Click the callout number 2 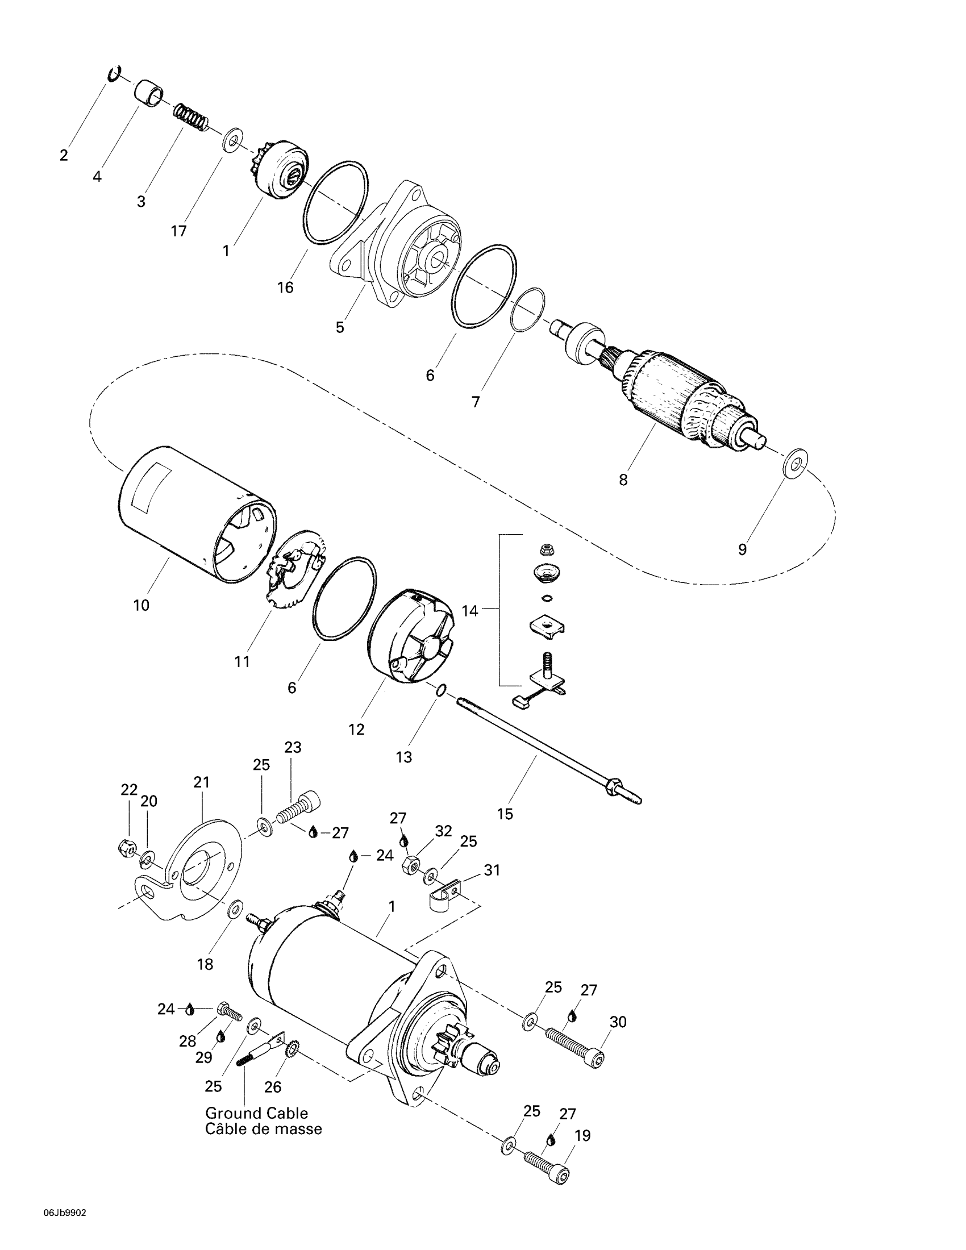coord(64,155)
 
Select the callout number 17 coord(178,231)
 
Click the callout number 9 coord(742,549)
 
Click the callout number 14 coord(470,611)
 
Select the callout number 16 coord(285,287)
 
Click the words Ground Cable coord(256,1113)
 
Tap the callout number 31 coord(492,870)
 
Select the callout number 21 coord(202,782)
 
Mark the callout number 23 coord(293,748)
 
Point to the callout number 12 coord(356,730)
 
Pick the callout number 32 coord(444,831)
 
